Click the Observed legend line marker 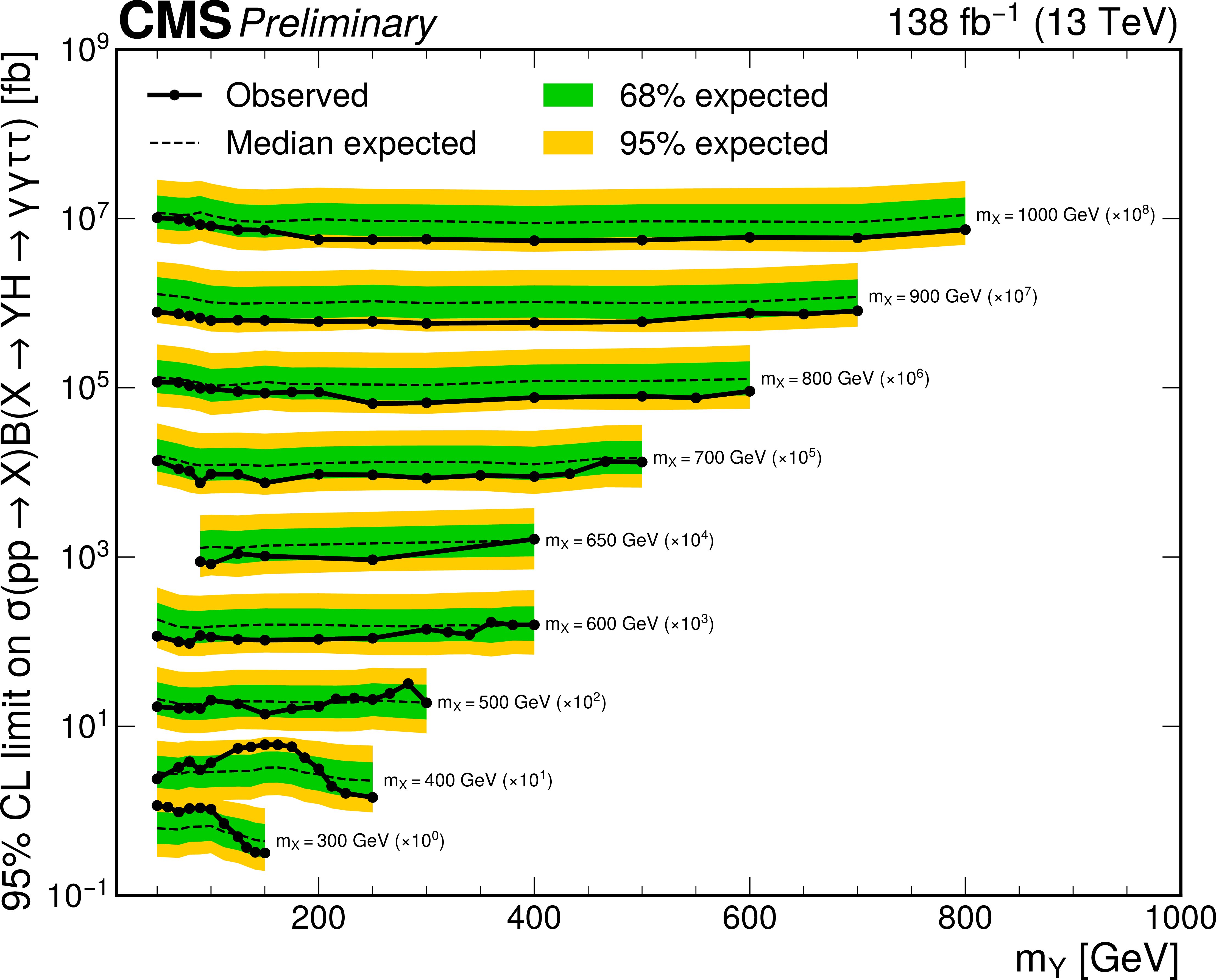coord(174,95)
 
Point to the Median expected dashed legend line coord(174,143)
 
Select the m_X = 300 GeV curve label coord(360,841)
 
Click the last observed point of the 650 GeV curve coord(534,539)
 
